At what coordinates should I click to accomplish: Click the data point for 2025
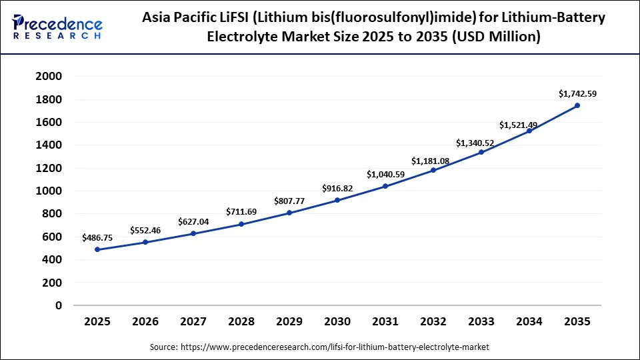(97, 249)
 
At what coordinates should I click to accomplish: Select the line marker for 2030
(337, 200)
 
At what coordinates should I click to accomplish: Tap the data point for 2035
(577, 105)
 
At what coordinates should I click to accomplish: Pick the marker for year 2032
(433, 170)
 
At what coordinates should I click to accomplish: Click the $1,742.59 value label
(577, 95)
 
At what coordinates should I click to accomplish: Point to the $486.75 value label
(97, 237)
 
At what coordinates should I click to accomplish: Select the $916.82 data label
(337, 189)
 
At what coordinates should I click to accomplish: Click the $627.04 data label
(193, 221)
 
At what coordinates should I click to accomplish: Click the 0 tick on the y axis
(59, 305)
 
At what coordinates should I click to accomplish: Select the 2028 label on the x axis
(241, 322)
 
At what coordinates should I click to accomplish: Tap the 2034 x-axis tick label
(529, 322)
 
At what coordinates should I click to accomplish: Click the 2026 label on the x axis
(145, 322)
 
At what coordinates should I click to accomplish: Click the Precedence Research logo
(57, 27)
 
